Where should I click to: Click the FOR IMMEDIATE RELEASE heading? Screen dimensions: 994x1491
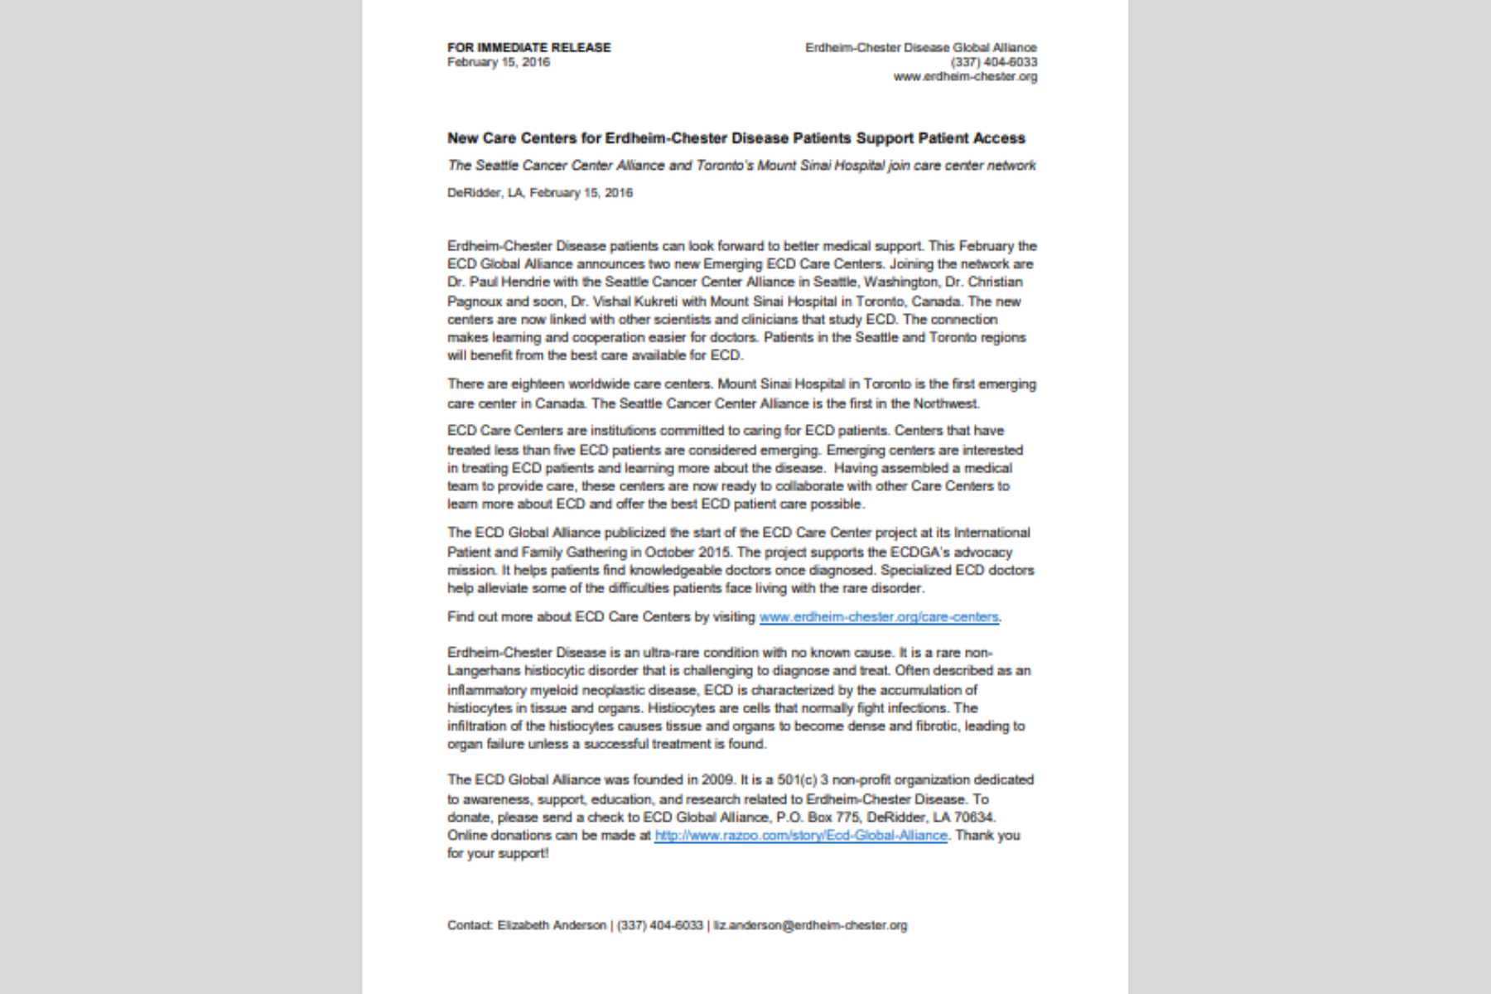[528, 47]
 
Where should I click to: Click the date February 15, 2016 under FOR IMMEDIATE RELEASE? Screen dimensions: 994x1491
[498, 62]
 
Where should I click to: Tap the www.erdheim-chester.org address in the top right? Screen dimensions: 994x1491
[965, 76]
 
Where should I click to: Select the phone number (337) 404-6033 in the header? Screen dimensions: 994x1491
[993, 62]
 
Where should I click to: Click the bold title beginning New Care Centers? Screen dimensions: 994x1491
[736, 138]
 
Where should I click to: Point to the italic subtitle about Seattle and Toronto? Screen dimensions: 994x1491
[741, 166]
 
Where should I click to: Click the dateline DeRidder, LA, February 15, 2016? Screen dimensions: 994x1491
[540, 193]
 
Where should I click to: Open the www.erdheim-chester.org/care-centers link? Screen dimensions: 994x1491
[878, 617]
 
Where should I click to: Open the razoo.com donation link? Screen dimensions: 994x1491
[800, 836]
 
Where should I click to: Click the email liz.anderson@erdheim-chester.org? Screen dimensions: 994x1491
[810, 925]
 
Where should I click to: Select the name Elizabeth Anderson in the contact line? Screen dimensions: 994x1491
[552, 925]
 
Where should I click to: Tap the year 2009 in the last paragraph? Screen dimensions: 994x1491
[717, 779]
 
